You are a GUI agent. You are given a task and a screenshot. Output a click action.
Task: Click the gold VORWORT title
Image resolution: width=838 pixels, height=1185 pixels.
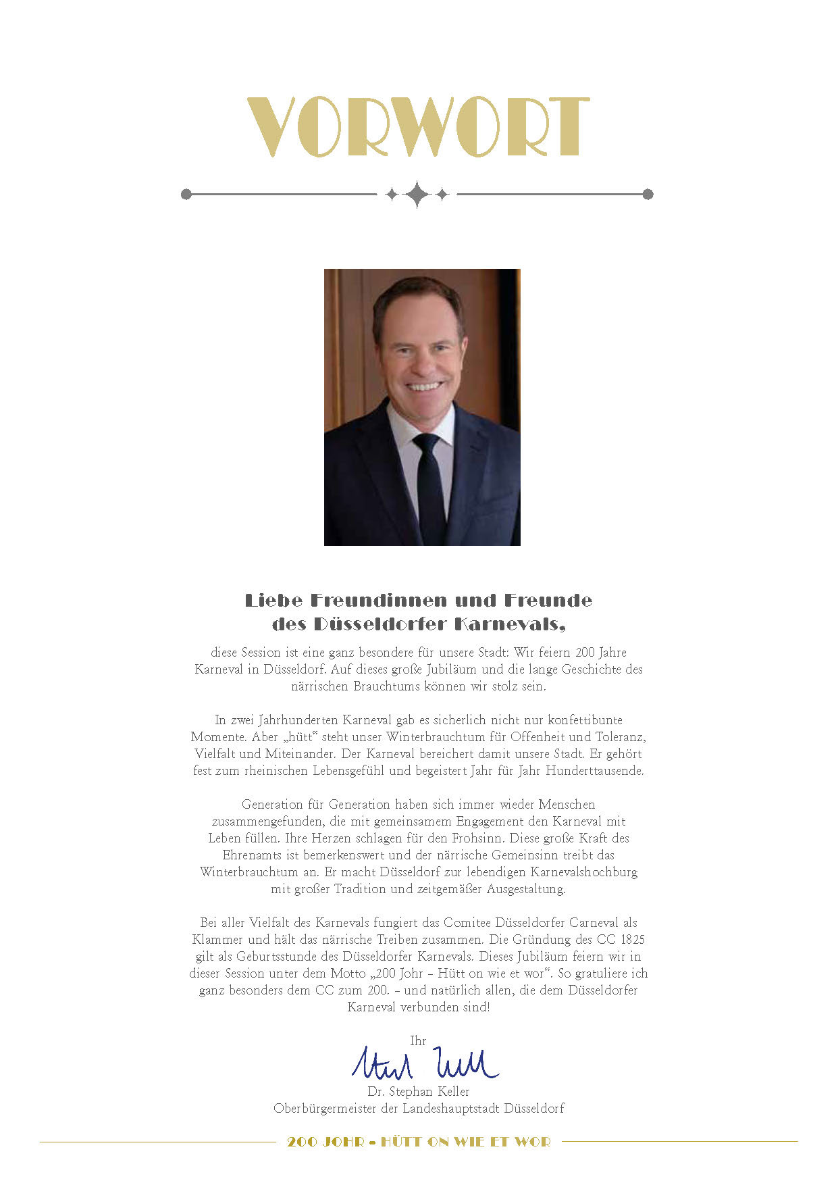pos(418,127)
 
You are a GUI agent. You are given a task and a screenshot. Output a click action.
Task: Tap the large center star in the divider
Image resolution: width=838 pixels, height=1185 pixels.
pos(417,195)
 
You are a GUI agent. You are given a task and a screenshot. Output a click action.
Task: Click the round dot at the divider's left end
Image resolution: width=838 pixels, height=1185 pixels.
pos(186,195)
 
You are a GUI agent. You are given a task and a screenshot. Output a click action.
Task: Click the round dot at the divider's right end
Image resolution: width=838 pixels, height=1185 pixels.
pos(648,195)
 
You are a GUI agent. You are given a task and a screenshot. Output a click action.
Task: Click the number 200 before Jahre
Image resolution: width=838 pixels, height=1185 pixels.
pos(585,653)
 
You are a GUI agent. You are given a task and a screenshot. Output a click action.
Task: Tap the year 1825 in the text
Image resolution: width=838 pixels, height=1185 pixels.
pos(633,940)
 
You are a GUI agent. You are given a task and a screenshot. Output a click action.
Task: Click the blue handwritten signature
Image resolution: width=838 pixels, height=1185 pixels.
pos(425,1064)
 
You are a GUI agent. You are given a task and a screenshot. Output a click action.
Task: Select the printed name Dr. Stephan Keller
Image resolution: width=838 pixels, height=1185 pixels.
pos(418,1092)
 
